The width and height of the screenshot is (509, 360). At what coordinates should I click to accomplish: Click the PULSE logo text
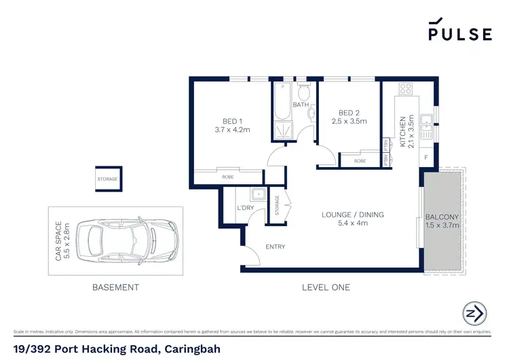459,34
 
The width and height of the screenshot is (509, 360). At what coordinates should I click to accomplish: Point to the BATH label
301,105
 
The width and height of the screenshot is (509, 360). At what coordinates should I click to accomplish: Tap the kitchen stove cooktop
407,88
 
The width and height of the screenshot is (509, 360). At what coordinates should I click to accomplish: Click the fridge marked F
426,158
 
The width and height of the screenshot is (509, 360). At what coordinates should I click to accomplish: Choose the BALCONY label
442,217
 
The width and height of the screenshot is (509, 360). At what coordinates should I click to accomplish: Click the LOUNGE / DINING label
352,215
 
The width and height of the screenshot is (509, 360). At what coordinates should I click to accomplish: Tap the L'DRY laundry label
244,207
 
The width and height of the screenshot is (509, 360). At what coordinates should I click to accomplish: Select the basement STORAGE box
107,179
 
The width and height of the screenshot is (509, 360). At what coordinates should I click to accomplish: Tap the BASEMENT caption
115,287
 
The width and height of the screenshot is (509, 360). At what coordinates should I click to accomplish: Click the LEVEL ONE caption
326,287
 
